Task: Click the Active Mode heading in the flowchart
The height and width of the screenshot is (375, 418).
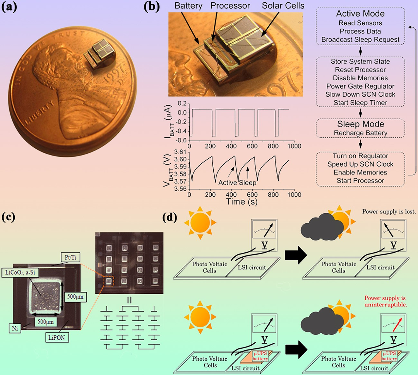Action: (x=361, y=14)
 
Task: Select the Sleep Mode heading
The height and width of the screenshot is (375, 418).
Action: (x=361, y=124)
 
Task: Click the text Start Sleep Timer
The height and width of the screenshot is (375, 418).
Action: (x=361, y=103)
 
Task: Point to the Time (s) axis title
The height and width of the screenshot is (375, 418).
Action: (x=242, y=202)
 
